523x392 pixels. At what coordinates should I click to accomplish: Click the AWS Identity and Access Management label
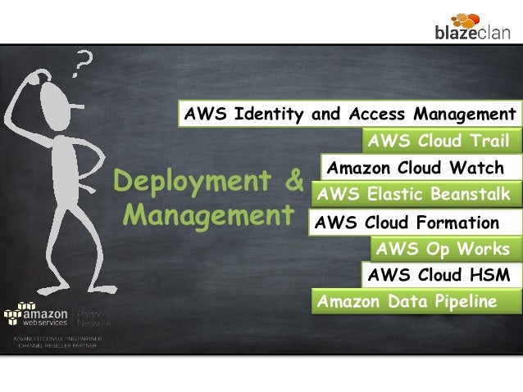(x=349, y=112)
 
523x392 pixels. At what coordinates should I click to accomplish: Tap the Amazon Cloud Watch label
(x=415, y=169)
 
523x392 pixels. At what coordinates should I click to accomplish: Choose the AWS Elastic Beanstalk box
(x=412, y=195)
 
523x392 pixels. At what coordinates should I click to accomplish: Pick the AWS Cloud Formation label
(x=407, y=223)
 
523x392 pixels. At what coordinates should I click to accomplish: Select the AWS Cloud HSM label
(x=439, y=275)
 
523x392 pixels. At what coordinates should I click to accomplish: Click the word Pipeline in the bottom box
(x=462, y=301)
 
